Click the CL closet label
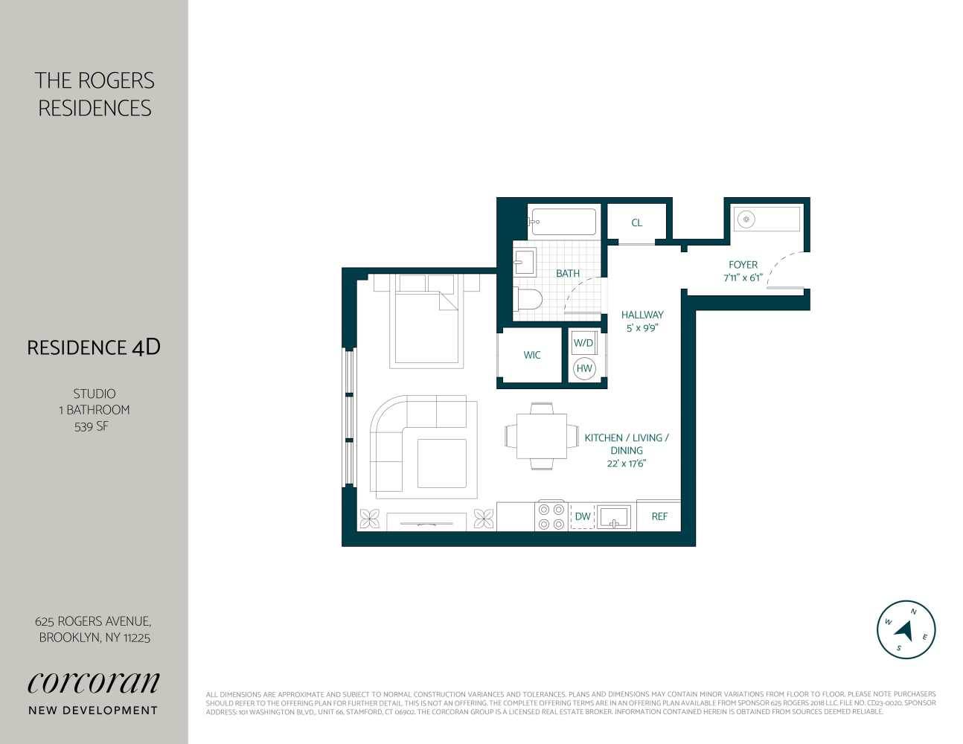coord(636,222)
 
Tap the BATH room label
coord(567,274)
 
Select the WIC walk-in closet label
coord(531,355)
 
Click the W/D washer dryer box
coord(583,343)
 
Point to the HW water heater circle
coord(584,368)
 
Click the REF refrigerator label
coord(659,516)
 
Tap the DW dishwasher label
coord(583,516)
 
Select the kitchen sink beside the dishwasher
coord(614,516)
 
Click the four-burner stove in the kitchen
coord(551,516)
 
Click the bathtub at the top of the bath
coord(563,222)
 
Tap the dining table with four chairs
coord(542,436)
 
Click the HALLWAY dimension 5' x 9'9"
coord(642,328)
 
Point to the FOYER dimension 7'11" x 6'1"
coord(743,278)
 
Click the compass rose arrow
coord(905,630)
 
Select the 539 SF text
coord(92,426)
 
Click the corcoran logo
coord(94,682)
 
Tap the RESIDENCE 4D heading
coord(94,347)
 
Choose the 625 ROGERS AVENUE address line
coord(93,621)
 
